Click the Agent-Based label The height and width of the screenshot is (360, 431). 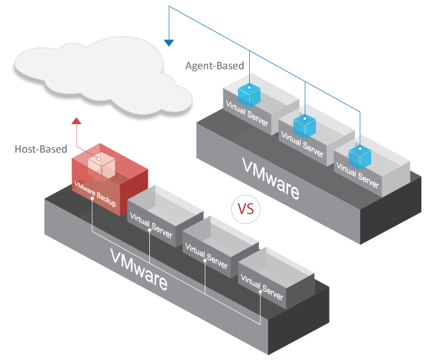214,66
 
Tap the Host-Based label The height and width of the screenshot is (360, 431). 41,148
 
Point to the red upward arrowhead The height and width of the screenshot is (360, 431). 77,122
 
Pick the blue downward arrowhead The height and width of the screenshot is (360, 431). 169,43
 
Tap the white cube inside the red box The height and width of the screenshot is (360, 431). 101,163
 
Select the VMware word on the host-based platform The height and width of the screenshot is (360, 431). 139,266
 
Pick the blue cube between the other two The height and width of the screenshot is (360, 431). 304,124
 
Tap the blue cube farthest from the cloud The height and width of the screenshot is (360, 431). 360,155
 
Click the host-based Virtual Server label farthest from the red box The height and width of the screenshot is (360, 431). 262,289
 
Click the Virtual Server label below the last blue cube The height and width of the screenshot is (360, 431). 357,175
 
